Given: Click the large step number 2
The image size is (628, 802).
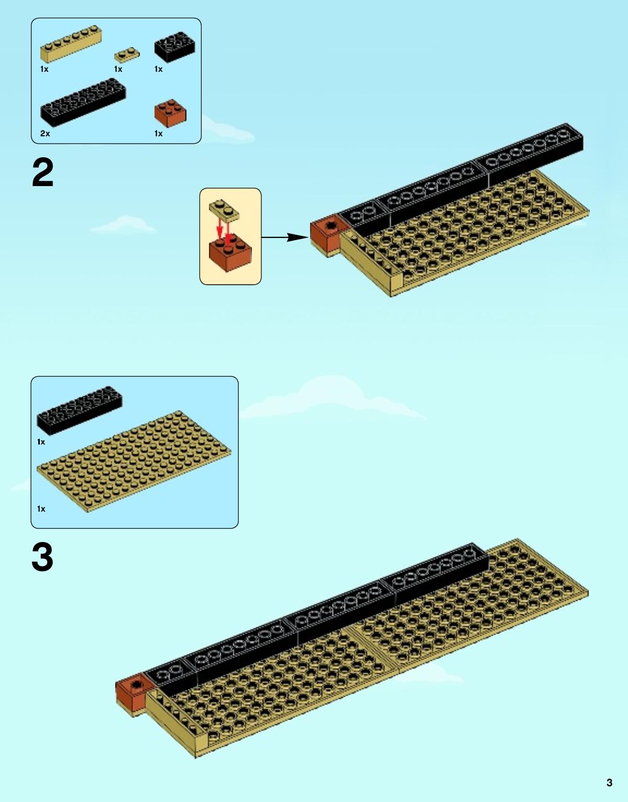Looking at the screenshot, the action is click(x=43, y=173).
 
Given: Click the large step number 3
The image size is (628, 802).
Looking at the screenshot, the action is click(x=42, y=557).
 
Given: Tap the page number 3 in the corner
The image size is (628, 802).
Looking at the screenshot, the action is click(x=609, y=782).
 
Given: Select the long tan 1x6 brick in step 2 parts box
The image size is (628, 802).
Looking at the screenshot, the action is click(x=71, y=44).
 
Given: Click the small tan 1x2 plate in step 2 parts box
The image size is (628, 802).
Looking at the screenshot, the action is click(x=127, y=55).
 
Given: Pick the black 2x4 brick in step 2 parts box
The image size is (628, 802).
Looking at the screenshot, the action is click(x=175, y=47).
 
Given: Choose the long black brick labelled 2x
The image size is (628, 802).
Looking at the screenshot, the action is click(x=83, y=102).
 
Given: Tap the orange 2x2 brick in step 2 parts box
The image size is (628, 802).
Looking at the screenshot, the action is click(x=170, y=113).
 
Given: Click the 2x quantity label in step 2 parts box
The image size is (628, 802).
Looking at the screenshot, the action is click(x=45, y=134).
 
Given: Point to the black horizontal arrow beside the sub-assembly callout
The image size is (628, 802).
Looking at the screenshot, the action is click(x=285, y=237).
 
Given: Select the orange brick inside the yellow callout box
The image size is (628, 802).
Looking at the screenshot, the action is click(x=230, y=253).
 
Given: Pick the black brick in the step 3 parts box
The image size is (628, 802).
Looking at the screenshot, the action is click(x=80, y=411).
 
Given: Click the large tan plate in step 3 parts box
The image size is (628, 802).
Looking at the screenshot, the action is click(x=134, y=461).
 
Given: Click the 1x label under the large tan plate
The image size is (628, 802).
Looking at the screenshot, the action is click(x=41, y=509).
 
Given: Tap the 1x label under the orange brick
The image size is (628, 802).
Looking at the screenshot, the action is click(x=158, y=134).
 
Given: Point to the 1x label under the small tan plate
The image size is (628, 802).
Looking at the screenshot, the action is click(x=118, y=69).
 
